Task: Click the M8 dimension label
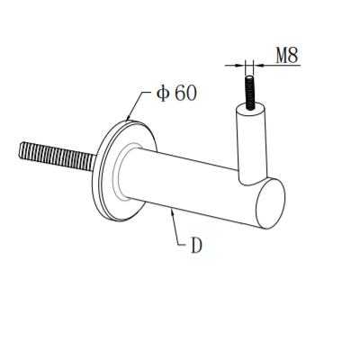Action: click(286, 54)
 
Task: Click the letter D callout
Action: click(195, 245)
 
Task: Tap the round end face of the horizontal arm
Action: click(270, 203)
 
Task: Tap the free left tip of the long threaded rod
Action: click(18, 150)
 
